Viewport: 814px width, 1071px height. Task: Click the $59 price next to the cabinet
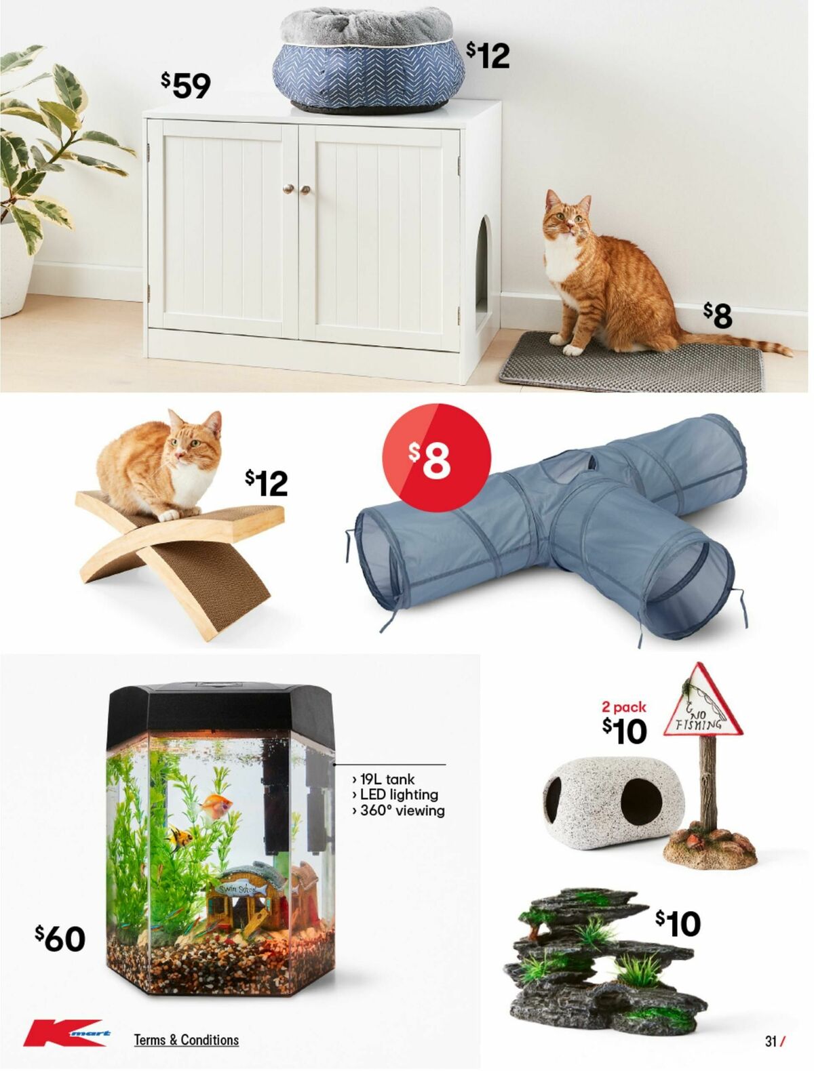coord(186,85)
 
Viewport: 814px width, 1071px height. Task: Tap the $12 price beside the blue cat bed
coord(488,55)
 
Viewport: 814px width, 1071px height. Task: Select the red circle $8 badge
coord(436,457)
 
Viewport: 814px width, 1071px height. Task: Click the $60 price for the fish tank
coord(60,939)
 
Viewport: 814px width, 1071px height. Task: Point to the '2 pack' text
coord(623,707)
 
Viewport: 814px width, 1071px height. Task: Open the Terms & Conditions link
coord(186,1040)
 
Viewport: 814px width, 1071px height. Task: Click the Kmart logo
coord(66,1033)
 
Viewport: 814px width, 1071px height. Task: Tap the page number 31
coord(771,1041)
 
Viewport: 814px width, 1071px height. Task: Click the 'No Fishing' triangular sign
coord(702,705)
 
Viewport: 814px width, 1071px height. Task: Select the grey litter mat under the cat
coord(631,369)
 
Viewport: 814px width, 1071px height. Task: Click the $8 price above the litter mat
coord(718,315)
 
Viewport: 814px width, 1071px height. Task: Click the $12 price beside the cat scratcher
coord(266,483)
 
